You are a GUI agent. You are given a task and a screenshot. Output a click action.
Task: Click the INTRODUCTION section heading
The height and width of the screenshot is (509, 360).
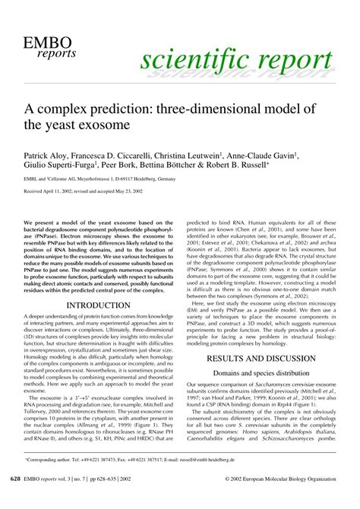coord(99,284)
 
